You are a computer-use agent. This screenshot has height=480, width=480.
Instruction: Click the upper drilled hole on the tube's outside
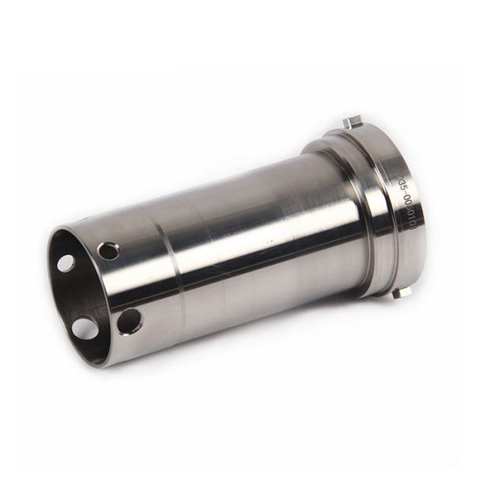(109, 252)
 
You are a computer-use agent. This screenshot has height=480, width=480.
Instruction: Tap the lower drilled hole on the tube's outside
(128, 321)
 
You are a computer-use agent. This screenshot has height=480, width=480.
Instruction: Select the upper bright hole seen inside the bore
(66, 263)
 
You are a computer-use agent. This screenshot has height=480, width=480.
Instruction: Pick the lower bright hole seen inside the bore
(86, 328)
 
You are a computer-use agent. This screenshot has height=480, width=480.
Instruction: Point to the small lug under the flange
(397, 293)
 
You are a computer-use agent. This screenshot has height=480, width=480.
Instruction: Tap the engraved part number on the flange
(405, 202)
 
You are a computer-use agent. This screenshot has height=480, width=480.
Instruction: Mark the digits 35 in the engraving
(401, 185)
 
